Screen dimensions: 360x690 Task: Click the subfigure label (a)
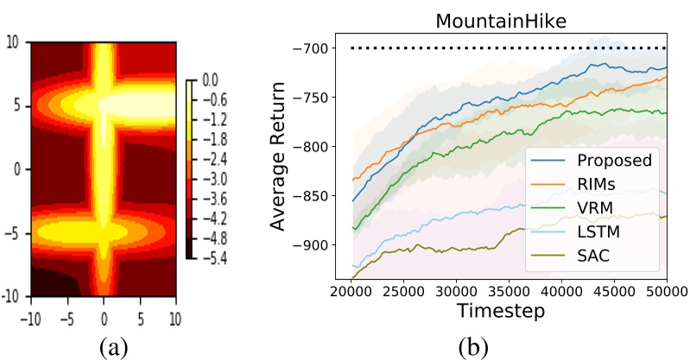116,347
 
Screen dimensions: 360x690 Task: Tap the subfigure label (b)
472,347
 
